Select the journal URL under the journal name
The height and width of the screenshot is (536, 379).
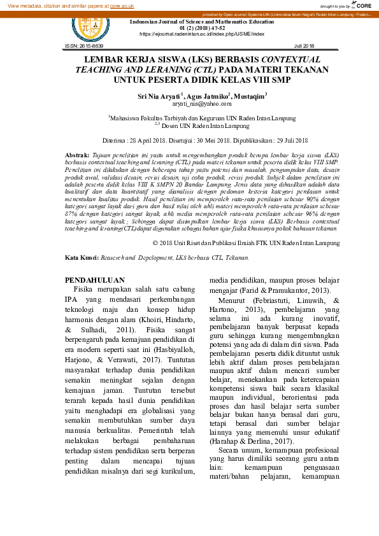201,34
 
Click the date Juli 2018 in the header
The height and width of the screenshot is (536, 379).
304,46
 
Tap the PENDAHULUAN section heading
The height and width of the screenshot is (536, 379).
95,279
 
